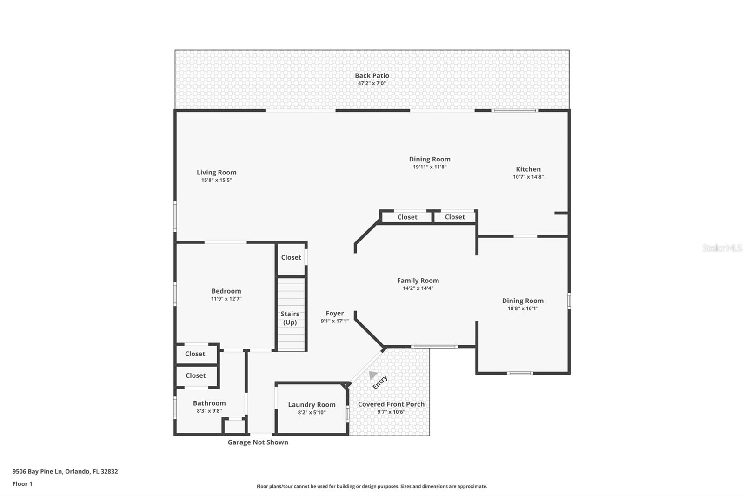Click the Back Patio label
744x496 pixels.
372,75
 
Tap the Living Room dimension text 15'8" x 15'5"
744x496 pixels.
216,180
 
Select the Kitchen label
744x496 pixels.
528,169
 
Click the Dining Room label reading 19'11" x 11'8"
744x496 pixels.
429,160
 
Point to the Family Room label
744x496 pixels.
418,281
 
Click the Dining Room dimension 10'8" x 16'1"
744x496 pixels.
523,308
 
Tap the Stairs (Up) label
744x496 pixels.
290,318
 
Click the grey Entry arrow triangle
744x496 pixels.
372,375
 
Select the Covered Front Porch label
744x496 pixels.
391,404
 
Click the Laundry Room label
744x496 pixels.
312,405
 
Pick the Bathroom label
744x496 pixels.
209,403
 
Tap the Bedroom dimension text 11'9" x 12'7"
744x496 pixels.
226,299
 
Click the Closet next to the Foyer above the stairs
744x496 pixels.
291,257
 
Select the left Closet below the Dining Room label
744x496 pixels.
407,217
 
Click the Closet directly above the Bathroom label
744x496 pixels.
195,375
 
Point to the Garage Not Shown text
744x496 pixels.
258,442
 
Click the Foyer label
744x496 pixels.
334,314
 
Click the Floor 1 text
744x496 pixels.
22,484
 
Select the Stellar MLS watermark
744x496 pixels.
722,248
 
